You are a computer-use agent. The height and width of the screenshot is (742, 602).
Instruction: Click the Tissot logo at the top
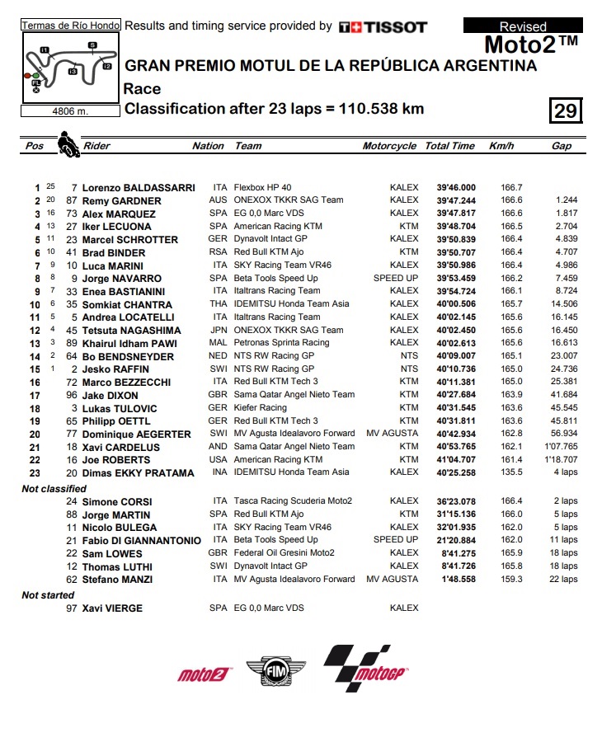click(383, 26)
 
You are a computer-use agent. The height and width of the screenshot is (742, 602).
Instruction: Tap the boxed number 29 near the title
click(566, 110)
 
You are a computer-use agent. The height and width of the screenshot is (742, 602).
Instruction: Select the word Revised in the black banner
click(523, 26)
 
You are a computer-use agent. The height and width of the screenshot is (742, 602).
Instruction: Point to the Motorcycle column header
click(389, 146)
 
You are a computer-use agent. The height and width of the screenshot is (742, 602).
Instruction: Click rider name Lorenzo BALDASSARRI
click(126, 188)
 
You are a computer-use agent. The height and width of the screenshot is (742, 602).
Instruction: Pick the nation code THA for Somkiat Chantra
click(219, 304)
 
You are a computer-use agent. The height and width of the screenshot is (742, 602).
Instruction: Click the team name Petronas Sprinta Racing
click(281, 343)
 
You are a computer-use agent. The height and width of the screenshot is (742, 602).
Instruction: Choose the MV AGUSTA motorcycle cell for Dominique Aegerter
click(393, 434)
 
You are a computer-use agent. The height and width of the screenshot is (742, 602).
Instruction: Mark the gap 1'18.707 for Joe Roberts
click(561, 460)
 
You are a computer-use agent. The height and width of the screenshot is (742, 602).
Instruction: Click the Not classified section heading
click(53, 489)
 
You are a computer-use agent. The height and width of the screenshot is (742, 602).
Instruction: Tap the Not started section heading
click(46, 595)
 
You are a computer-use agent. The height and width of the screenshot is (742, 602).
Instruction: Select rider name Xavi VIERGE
click(112, 608)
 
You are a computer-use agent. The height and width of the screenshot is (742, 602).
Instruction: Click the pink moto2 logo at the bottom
click(202, 674)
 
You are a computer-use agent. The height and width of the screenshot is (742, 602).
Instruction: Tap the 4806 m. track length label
click(70, 110)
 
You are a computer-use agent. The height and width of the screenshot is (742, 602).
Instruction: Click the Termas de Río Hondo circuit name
click(71, 26)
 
